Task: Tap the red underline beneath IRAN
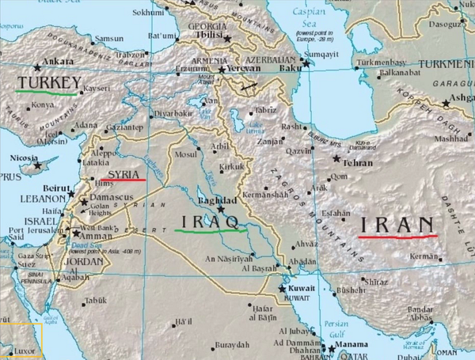point(397,236)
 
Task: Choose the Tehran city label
point(357,161)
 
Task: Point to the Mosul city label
point(185,154)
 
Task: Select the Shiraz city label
point(374,281)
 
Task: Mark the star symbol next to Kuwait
point(281,289)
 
